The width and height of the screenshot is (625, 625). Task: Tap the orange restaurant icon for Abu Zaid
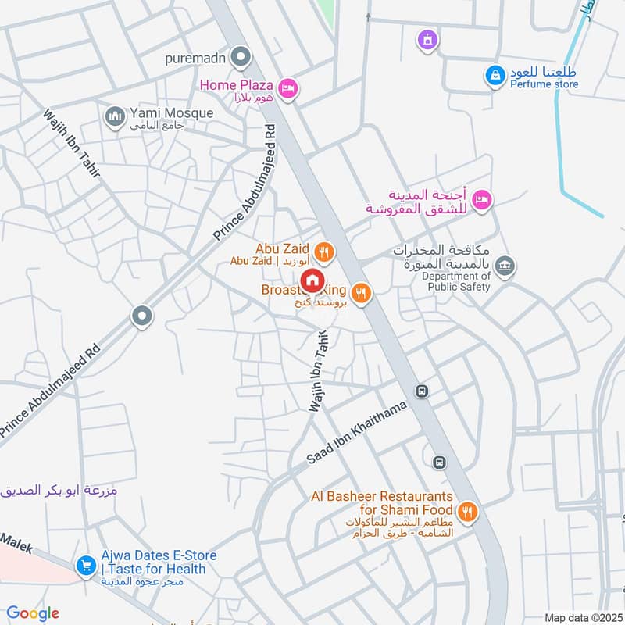[326, 252]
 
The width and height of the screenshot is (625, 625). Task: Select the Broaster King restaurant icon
[360, 293]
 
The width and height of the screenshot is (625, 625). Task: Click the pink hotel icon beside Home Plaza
[287, 90]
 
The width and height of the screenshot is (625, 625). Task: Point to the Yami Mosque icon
[116, 116]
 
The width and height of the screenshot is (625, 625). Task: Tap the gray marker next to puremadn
[242, 57]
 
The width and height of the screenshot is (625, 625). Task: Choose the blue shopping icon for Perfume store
[494, 75]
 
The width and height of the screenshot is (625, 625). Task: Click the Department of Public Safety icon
[505, 266]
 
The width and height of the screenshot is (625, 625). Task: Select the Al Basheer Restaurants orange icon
[467, 512]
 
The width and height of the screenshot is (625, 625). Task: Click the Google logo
[33, 614]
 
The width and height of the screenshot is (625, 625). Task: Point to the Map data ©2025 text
[581, 617]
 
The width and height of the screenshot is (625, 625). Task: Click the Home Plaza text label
[235, 84]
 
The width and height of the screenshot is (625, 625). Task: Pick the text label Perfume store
[546, 84]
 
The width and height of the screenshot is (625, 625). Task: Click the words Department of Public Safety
[456, 281]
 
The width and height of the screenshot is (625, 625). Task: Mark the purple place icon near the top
[427, 38]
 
